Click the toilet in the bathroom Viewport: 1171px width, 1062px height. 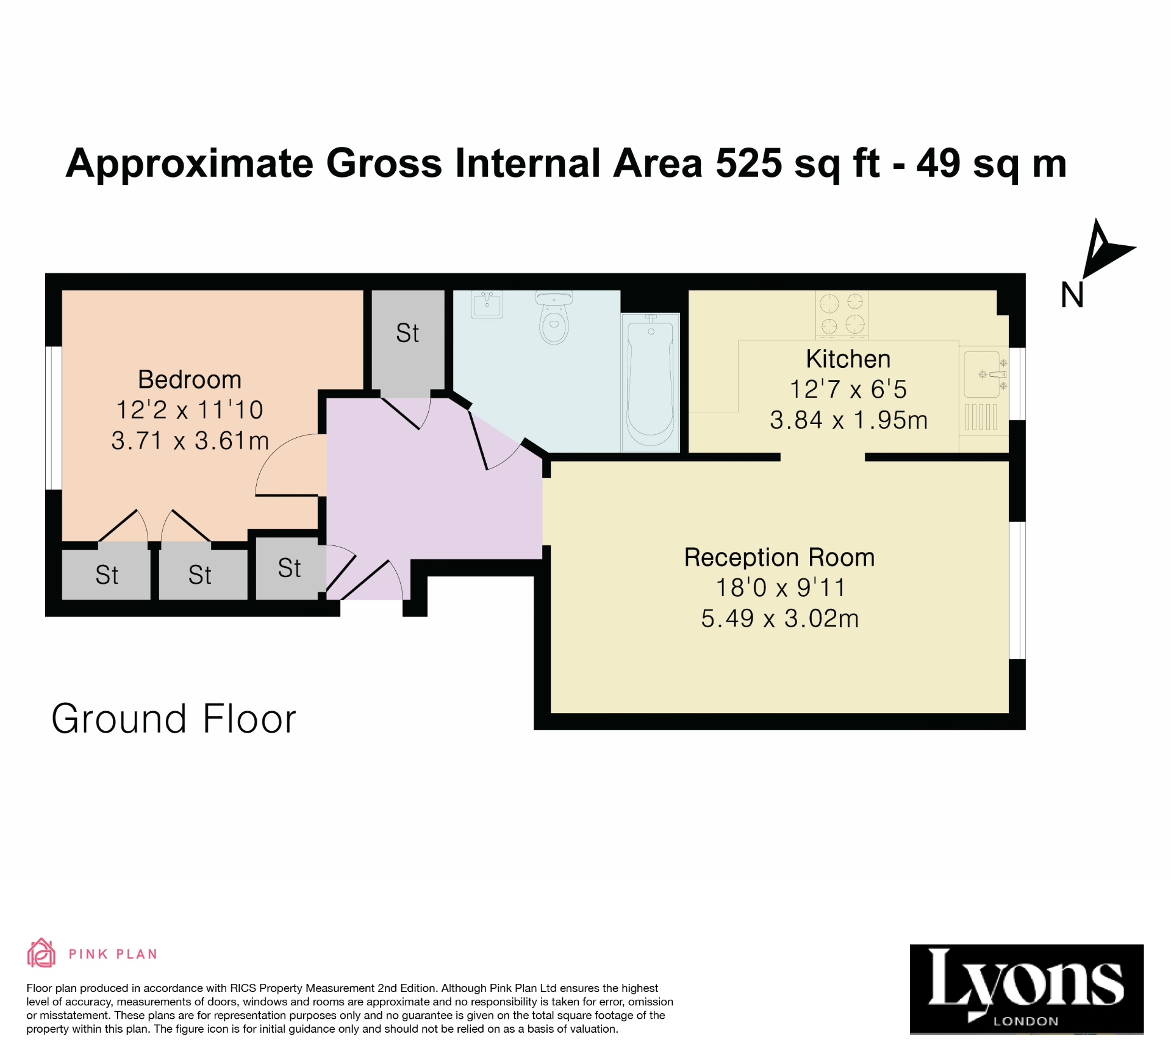coord(554,318)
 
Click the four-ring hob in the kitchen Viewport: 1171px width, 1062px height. coord(842,314)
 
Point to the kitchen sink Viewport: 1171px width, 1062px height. coord(982,373)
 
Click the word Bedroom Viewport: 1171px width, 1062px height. coord(190,379)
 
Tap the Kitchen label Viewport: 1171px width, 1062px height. coord(848,359)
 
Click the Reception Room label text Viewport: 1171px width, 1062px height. coord(779,557)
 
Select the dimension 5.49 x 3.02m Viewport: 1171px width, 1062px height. coord(779,619)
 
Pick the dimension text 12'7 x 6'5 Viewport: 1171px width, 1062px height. coord(848,389)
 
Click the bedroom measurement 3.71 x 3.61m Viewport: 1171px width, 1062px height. coord(190,440)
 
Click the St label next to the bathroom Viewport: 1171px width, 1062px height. coord(407,333)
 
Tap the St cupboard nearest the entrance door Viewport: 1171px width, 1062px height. coord(289,568)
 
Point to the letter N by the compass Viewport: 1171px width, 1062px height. coord(1072,295)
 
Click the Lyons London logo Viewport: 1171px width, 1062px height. coord(1026,989)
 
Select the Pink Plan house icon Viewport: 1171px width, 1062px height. coord(41,953)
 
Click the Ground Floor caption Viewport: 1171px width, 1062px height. coord(174,719)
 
